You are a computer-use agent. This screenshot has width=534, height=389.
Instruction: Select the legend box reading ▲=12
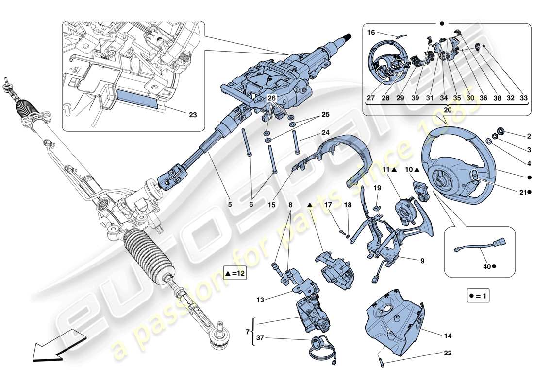(x=235, y=274)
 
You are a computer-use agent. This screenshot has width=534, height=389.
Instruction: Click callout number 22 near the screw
(x=448, y=353)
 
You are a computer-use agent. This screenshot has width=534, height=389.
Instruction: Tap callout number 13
(x=260, y=300)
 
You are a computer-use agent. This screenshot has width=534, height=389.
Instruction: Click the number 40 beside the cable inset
(x=486, y=266)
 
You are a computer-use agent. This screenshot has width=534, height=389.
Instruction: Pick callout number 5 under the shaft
(x=230, y=205)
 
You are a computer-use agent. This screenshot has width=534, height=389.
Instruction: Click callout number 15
(x=271, y=205)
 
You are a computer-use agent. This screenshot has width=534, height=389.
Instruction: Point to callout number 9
(x=422, y=261)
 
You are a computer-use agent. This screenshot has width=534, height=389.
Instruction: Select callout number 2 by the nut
(x=516, y=136)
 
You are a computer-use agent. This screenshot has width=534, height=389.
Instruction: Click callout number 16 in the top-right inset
(x=371, y=33)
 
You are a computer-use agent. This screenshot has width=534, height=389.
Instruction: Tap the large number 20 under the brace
(x=447, y=110)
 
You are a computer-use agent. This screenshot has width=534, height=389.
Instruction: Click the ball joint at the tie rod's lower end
(x=220, y=339)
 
